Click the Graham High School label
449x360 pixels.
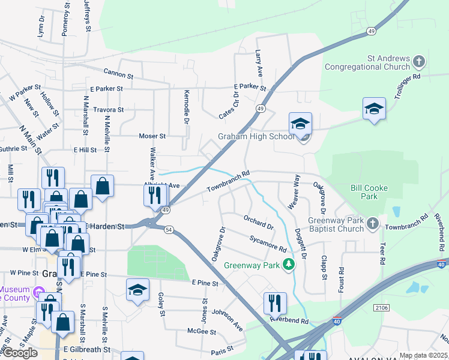tap(256, 136)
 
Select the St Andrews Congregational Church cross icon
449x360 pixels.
tap(419, 61)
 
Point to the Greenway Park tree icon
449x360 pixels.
tap(289, 264)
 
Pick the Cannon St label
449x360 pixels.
tap(118, 74)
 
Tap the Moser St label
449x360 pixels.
tap(152, 136)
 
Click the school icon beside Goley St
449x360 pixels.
tap(137, 290)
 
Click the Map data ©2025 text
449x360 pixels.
tap(424, 355)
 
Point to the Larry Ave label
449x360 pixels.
tap(259, 63)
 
